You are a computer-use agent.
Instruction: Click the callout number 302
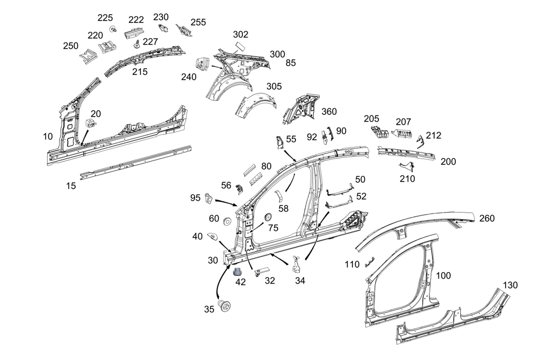click(241, 34)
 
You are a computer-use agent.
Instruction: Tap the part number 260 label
click(487, 218)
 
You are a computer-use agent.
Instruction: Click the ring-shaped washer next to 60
click(226, 221)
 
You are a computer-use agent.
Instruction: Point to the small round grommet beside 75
click(267, 217)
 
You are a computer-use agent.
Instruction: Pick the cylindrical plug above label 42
click(238, 271)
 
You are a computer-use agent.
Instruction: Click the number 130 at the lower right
click(510, 286)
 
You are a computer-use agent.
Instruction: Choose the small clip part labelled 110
click(370, 262)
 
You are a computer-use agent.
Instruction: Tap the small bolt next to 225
click(113, 28)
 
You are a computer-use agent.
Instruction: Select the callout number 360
click(329, 112)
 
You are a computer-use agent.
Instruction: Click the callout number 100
click(443, 275)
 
